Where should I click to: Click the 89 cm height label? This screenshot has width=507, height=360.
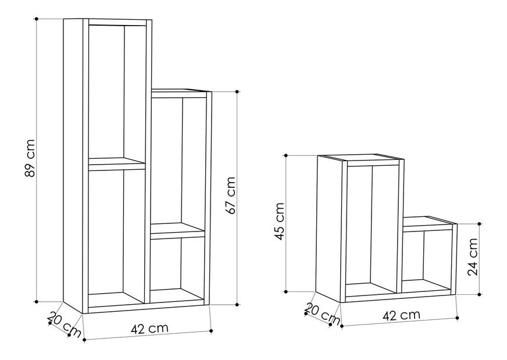click(x=30, y=158)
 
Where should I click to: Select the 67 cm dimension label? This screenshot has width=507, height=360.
click(x=231, y=195)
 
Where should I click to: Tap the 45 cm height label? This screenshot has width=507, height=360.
click(x=279, y=222)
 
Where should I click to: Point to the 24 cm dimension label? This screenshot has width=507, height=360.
click(x=473, y=256)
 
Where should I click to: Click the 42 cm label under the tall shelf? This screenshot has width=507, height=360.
click(x=149, y=328)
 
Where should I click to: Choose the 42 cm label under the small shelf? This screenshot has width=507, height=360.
click(x=401, y=315)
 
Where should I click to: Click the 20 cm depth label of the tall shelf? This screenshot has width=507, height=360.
click(x=65, y=324)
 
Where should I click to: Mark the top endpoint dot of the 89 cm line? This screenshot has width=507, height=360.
click(x=37, y=19)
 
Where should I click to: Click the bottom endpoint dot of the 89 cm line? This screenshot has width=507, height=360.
click(x=37, y=301)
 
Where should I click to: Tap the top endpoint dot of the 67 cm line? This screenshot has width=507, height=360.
click(x=237, y=91)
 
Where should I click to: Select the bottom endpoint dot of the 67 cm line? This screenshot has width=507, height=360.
click(x=237, y=304)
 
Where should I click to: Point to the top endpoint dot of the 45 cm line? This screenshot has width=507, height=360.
click(x=286, y=156)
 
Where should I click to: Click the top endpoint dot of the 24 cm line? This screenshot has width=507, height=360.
click(x=479, y=223)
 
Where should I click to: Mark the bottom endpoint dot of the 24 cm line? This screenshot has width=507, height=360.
click(x=479, y=294)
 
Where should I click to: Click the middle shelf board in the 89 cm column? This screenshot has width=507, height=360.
click(x=117, y=164)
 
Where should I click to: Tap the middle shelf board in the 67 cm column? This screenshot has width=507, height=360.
click(x=177, y=231)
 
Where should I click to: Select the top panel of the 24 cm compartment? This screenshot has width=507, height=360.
click(x=430, y=223)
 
